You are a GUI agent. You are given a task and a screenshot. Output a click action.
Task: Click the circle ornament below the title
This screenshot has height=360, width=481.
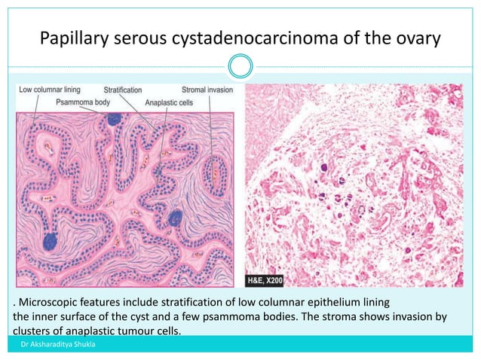point(240,69)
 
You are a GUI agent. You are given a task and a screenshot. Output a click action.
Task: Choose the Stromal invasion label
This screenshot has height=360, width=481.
point(208,90)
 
